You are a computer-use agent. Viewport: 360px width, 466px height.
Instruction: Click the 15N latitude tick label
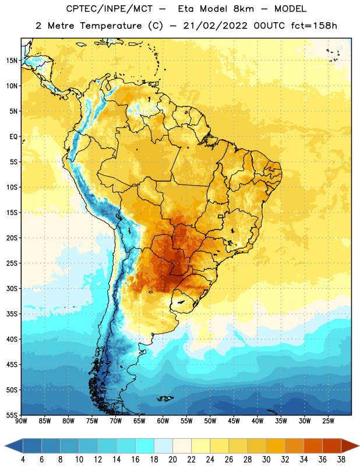pyautogui.click(x=12, y=61)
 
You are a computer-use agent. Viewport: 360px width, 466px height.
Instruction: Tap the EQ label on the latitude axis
pyautogui.click(x=13, y=137)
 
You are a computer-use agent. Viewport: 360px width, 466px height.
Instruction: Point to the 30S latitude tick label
pyautogui.click(x=12, y=288)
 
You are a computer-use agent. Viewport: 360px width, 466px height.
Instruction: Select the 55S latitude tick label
pyautogui.click(x=12, y=415)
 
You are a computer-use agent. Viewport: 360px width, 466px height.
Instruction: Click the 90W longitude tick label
pyautogui.click(x=21, y=421)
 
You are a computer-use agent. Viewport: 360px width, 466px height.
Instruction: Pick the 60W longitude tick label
pyautogui.click(x=163, y=421)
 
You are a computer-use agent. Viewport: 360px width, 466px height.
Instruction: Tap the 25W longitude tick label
pyautogui.click(x=328, y=421)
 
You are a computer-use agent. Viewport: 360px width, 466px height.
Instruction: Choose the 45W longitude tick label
pyautogui.click(x=234, y=421)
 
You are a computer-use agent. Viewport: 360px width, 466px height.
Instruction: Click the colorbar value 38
pyautogui.click(x=341, y=460)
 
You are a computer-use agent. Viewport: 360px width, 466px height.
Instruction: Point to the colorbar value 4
pyautogui.click(x=23, y=460)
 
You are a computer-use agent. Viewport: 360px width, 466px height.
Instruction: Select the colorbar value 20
pyautogui.click(x=172, y=460)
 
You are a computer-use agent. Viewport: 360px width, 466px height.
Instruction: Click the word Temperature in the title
pyautogui.click(x=111, y=26)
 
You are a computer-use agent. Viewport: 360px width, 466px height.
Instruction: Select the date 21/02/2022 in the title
pyautogui.click(x=215, y=26)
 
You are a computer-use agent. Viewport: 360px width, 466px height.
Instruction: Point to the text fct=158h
pyautogui.click(x=314, y=26)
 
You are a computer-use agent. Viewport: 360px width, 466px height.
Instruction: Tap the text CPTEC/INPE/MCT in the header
pyautogui.click(x=109, y=9)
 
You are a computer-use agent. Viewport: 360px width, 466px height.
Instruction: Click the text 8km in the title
pyautogui.click(x=243, y=9)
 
